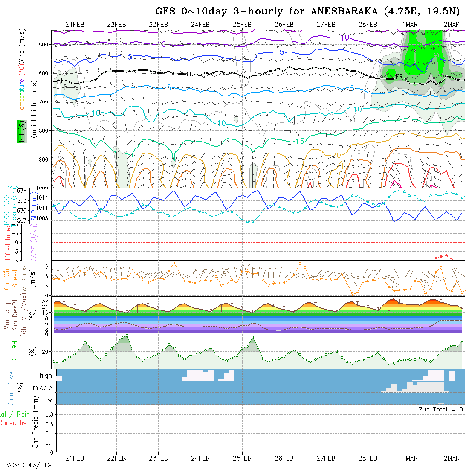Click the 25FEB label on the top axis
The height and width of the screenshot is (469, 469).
(x=242, y=24)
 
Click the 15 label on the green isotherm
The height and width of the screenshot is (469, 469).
(x=299, y=141)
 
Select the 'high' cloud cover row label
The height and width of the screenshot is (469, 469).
(x=46, y=376)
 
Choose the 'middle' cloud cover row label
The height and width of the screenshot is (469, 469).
(x=43, y=388)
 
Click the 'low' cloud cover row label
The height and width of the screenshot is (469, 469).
(x=47, y=400)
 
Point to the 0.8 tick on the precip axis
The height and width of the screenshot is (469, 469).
(x=48, y=414)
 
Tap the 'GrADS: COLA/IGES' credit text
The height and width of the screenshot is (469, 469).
(x=27, y=465)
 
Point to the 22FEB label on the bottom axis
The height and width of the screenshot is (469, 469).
(x=116, y=458)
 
